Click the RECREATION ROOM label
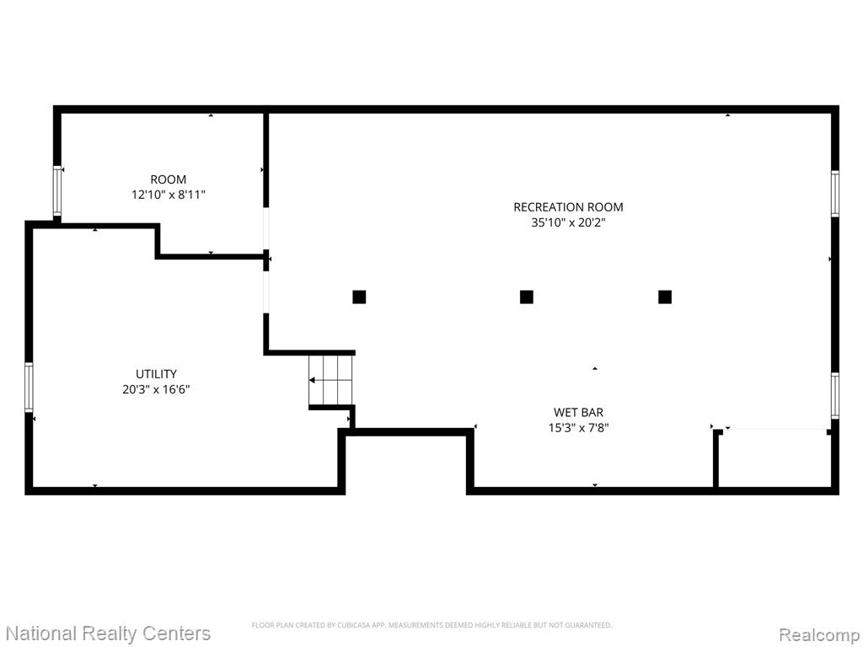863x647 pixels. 568,207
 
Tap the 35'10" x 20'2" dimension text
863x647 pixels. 568,222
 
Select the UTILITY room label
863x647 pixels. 156,374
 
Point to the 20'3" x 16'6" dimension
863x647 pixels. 156,389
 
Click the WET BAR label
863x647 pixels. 578,412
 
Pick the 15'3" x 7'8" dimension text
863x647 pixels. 578,427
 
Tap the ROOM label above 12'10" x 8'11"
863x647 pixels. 169,179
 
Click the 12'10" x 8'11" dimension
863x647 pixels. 169,195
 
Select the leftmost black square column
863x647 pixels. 359,297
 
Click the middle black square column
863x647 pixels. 527,297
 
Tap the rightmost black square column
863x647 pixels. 665,297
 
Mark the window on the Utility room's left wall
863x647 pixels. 29,388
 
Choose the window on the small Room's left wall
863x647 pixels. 57,191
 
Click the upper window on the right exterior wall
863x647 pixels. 835,194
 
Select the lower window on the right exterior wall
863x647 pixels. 835,396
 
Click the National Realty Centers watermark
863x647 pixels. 108,634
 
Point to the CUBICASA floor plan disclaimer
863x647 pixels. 431,625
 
